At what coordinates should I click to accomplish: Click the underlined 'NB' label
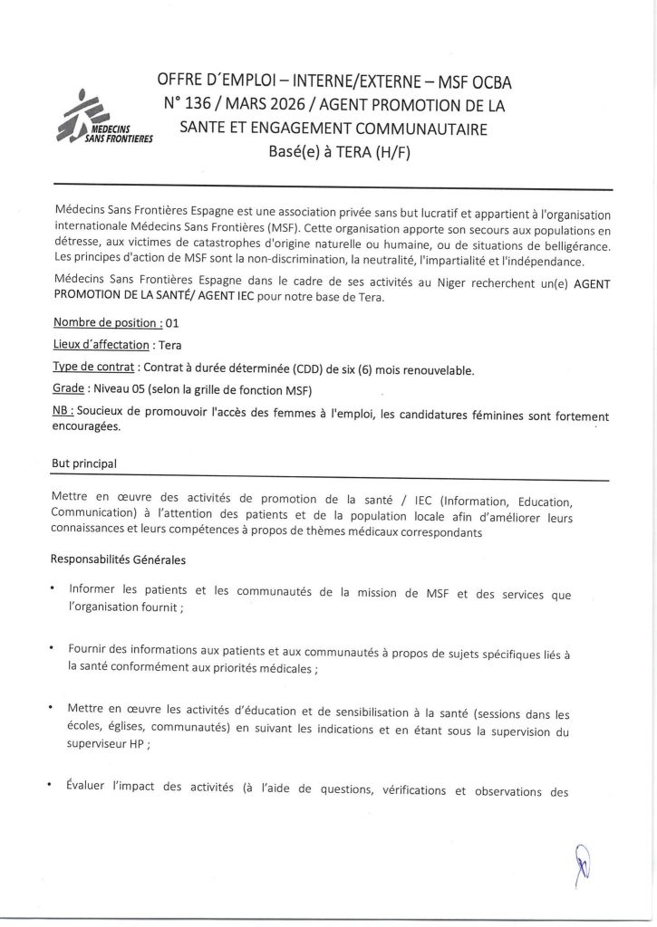pyautogui.click(x=62, y=414)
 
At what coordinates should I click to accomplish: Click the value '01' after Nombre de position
pyautogui.click(x=174, y=322)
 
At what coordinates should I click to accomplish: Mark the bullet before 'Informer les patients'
pyautogui.click(x=55, y=588)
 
